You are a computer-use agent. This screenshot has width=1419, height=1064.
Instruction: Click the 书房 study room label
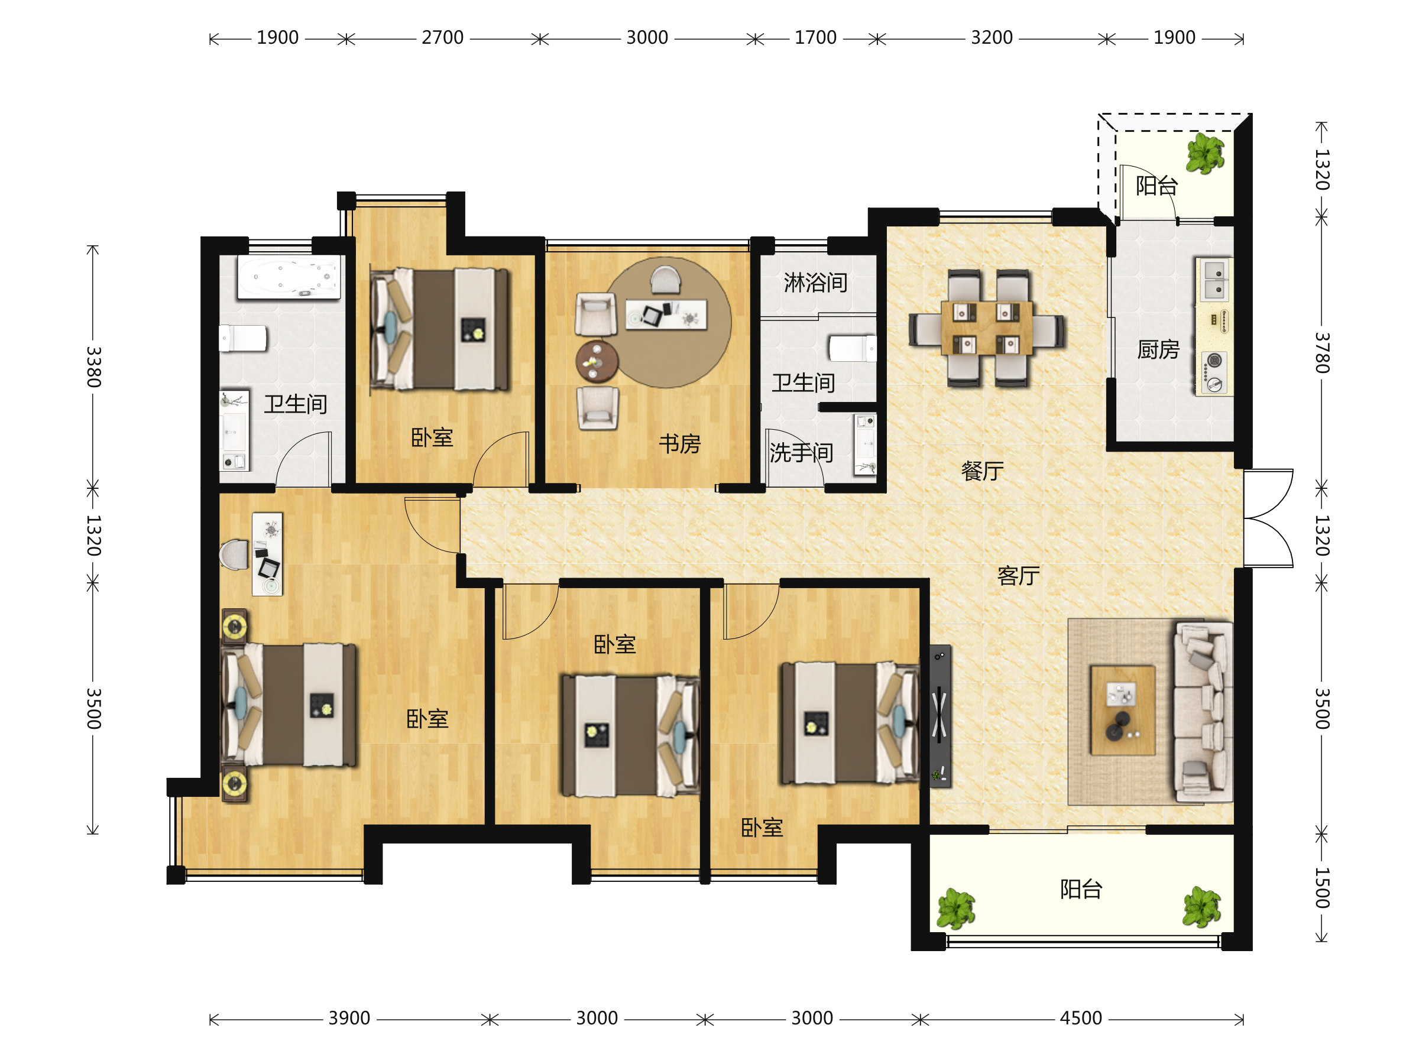click(679, 444)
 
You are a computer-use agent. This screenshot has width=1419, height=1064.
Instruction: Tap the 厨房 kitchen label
click(1158, 349)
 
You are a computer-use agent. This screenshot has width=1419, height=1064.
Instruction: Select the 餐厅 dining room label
click(982, 471)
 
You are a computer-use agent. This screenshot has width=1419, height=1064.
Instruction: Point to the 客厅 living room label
click(1018, 576)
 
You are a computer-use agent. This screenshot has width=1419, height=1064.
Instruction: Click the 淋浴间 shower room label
click(815, 282)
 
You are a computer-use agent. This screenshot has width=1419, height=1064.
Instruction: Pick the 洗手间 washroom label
click(801, 453)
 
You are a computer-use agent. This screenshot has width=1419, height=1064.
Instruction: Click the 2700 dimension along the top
click(442, 38)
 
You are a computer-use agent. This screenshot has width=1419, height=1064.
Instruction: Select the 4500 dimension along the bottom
click(1080, 1018)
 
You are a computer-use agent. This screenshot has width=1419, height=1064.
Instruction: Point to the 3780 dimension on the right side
click(1321, 353)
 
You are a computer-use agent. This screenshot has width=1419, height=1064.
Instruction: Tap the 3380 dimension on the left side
click(93, 367)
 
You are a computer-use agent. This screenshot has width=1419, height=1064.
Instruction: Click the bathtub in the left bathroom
click(289, 277)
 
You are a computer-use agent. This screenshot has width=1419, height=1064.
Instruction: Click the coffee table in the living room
click(1123, 711)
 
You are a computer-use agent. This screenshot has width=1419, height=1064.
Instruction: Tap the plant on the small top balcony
click(1205, 153)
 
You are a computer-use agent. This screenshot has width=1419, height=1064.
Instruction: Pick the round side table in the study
click(597, 362)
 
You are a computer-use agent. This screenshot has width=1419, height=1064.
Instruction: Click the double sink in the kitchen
click(1214, 280)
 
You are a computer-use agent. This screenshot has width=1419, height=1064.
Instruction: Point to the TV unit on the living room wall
click(941, 716)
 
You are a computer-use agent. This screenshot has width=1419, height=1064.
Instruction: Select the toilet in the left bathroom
click(242, 339)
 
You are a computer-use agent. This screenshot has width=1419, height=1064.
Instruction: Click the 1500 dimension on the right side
click(1321, 888)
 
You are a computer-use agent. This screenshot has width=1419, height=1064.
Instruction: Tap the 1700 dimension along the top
click(815, 38)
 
